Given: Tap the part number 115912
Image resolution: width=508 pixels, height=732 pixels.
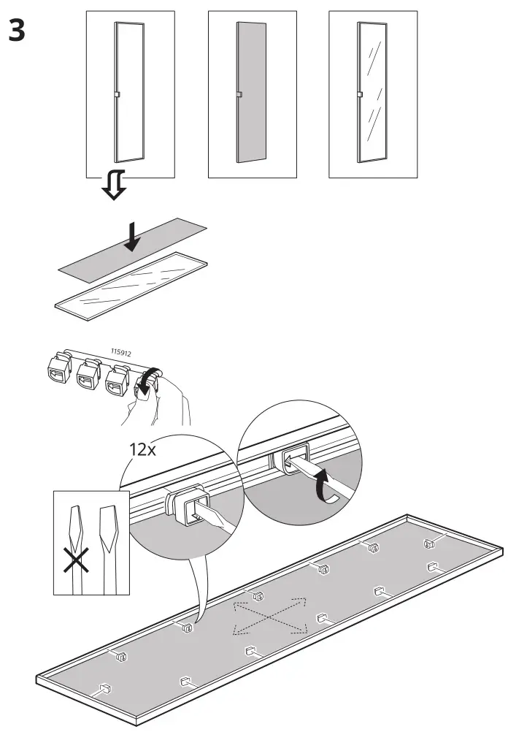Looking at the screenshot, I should tap(121, 353).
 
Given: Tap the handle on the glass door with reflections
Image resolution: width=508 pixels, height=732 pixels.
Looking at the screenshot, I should tap(360, 94).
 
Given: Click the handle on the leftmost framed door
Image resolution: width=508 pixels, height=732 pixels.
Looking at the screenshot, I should tap(117, 94).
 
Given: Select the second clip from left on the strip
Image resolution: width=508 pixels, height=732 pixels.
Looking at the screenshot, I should tap(88, 377).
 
